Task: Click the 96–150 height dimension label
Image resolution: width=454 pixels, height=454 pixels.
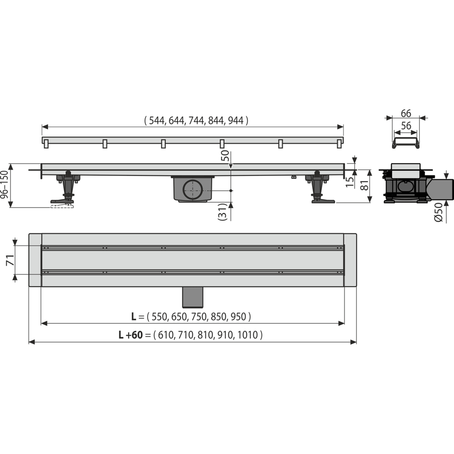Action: point(5,185)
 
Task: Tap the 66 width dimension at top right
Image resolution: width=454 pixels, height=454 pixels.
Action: point(406,113)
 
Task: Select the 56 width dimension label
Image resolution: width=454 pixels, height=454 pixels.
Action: point(406,126)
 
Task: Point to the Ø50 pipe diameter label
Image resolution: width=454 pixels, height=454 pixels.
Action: point(438,212)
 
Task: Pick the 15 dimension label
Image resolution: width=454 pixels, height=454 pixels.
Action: point(350,182)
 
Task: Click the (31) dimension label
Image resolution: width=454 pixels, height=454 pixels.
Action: point(222,212)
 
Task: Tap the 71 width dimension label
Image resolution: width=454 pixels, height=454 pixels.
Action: point(10,260)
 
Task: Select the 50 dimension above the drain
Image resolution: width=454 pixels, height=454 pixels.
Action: point(225,155)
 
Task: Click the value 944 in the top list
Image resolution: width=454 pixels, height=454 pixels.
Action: point(236,121)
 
